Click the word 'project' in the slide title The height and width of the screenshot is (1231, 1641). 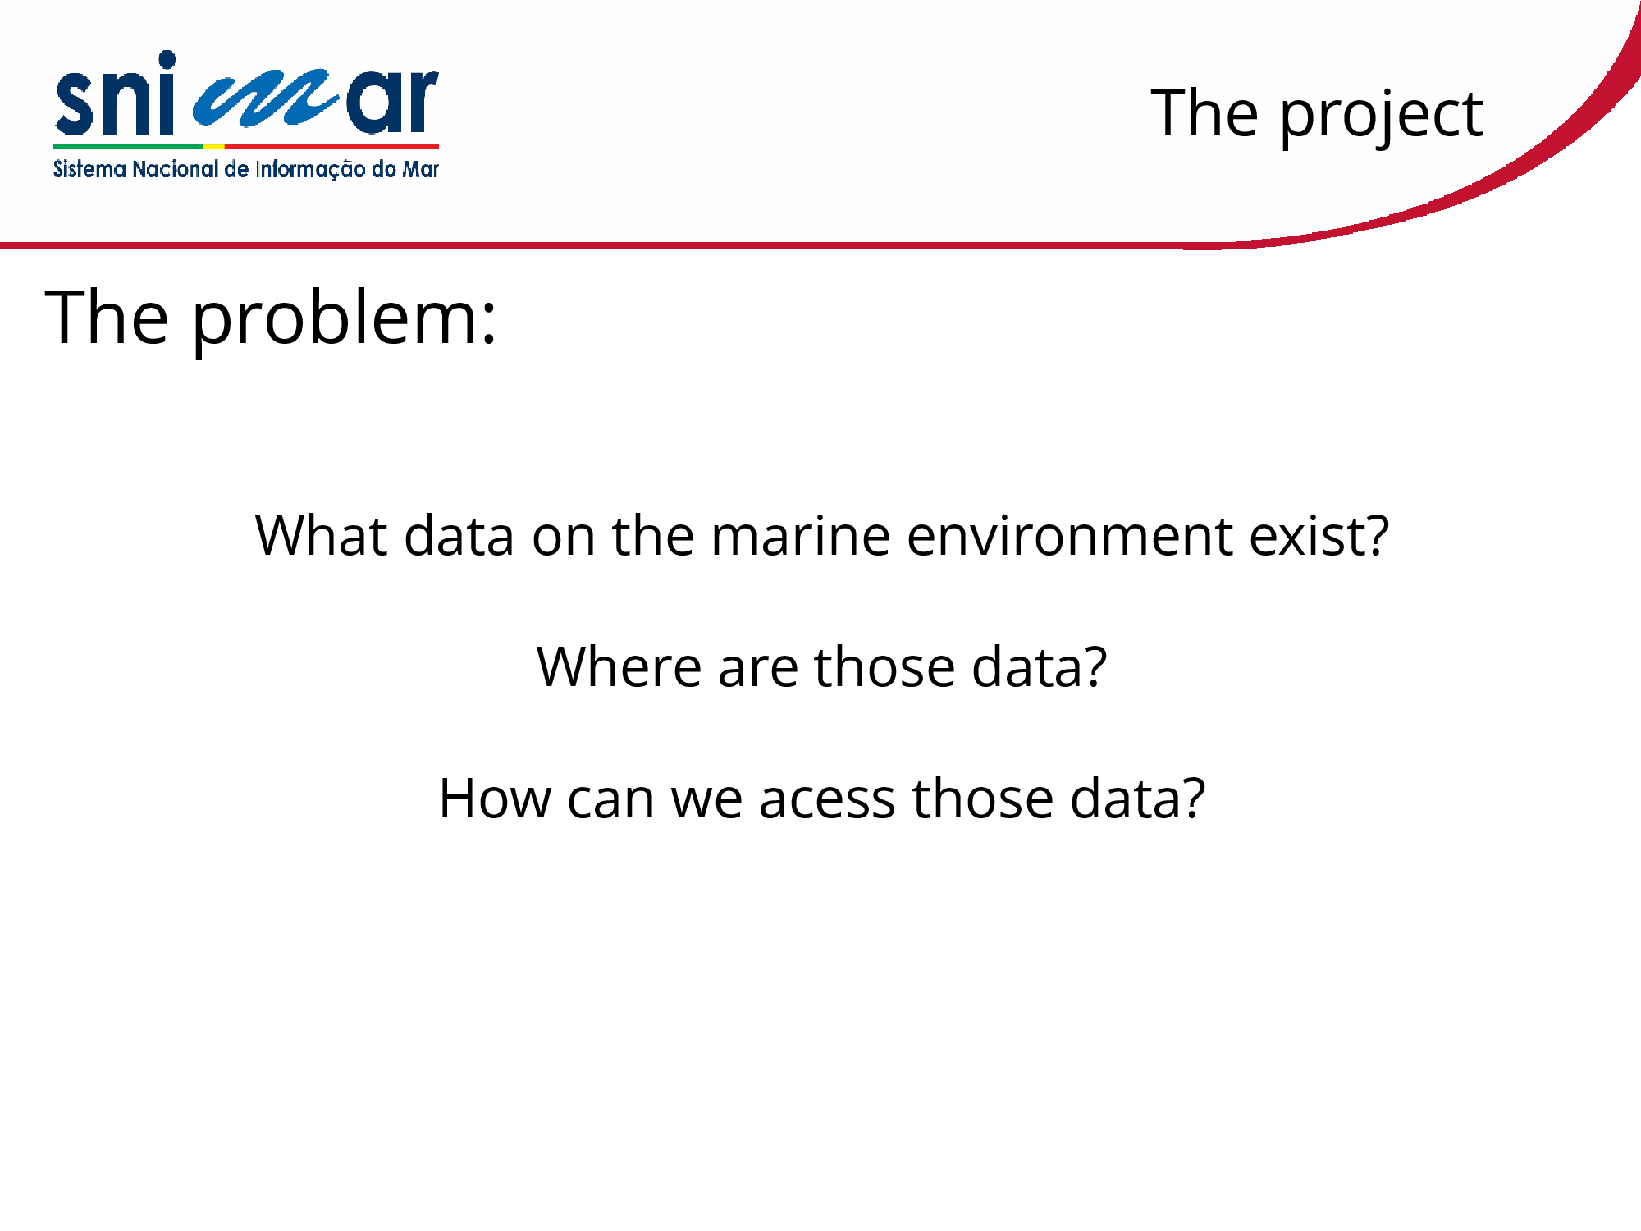(1381, 116)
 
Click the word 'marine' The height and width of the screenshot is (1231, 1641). (800, 535)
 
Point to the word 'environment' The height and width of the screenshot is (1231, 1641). (1069, 535)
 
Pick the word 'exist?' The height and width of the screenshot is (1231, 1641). (1319, 535)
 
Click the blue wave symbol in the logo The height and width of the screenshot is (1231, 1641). (266, 99)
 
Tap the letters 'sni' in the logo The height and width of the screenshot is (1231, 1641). (116, 94)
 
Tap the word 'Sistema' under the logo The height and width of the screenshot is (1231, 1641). (89, 169)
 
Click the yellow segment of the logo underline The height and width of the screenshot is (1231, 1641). (213, 147)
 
